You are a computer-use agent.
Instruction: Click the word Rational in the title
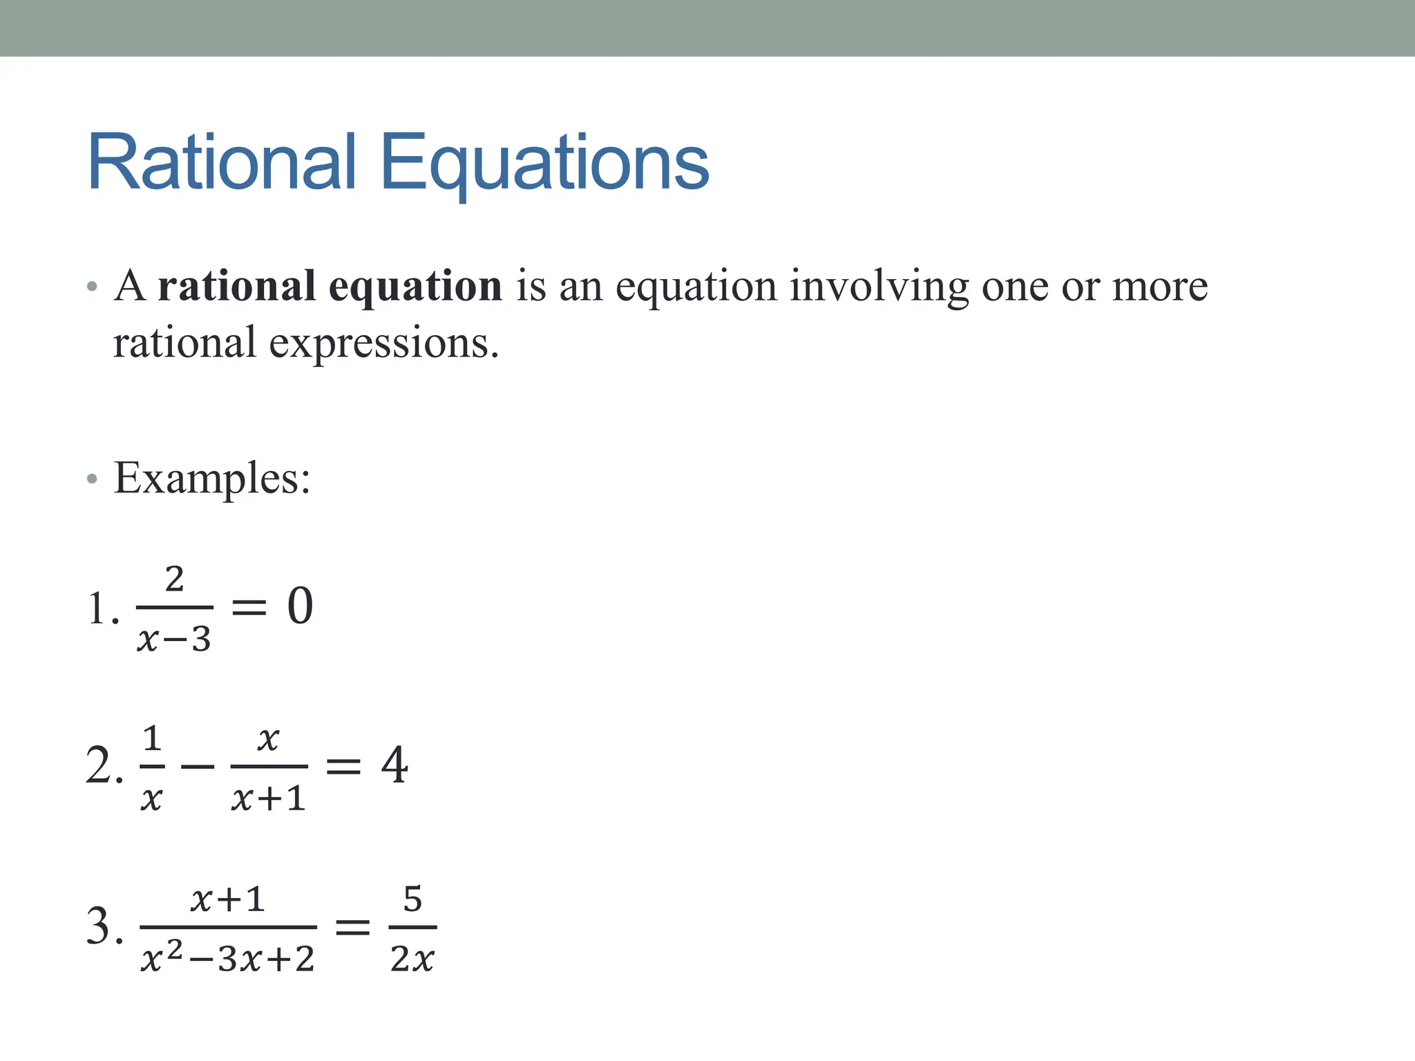[x=222, y=162]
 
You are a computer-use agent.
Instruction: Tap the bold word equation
[x=415, y=287]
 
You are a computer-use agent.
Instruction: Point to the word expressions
[x=383, y=343]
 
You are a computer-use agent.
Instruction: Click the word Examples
[x=211, y=478]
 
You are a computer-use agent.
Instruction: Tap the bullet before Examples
[x=93, y=479]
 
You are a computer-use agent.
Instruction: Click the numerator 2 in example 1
[x=175, y=579]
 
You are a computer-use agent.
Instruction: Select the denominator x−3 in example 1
[x=174, y=639]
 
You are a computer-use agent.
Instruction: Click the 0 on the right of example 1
[x=300, y=606]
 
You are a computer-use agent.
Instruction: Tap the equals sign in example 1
[x=248, y=607]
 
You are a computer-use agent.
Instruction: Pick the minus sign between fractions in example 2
[x=198, y=766]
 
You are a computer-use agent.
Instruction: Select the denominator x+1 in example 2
[x=269, y=799]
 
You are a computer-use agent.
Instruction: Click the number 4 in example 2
[x=395, y=765]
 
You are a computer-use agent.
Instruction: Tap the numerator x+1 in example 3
[x=228, y=899]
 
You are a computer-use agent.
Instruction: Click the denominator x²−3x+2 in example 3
[x=228, y=959]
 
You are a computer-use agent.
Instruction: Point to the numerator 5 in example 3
[x=412, y=899]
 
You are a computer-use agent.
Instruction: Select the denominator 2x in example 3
[x=412, y=959]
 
